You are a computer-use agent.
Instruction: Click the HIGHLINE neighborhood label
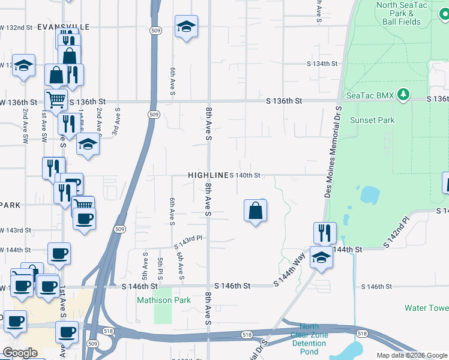[208, 175]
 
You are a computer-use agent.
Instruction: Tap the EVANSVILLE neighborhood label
[63, 28]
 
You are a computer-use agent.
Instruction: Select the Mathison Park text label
[164, 300]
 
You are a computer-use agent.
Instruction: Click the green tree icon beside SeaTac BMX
[404, 95]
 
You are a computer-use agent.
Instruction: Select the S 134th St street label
[322, 64]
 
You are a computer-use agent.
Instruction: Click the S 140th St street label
[245, 175]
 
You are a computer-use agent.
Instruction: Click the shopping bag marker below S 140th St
[256, 211]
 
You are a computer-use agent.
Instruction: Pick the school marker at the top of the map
[187, 26]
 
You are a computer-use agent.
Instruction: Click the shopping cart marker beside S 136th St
[56, 100]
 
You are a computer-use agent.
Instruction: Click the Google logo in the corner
[20, 353]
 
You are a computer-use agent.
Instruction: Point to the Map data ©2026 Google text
[412, 355]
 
